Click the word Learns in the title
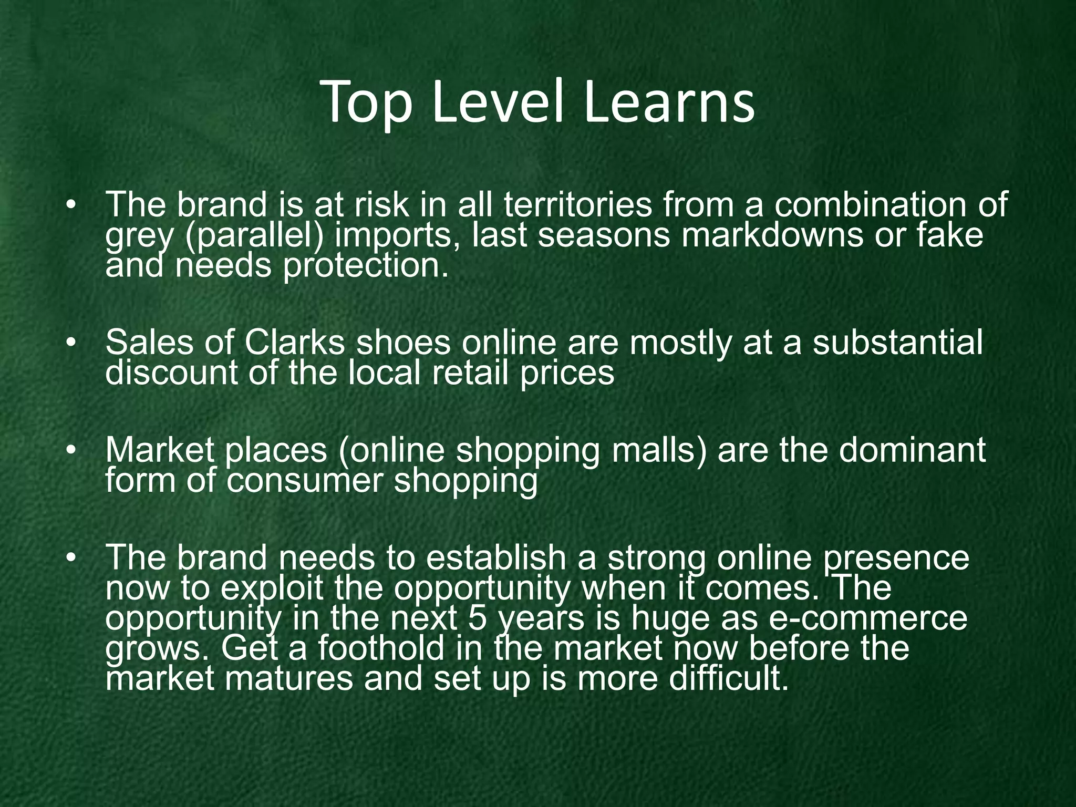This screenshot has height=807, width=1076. tap(668, 102)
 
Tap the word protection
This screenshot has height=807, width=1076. tap(366, 265)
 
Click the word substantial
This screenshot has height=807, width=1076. tap(897, 343)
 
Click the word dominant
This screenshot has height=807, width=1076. tap(912, 450)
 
